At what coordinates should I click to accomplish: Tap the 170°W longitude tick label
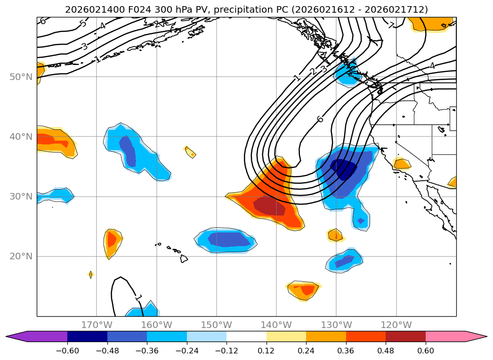[x=97, y=325]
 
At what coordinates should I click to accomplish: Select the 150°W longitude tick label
[x=217, y=325]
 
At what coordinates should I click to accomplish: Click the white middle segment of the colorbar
[x=246, y=336]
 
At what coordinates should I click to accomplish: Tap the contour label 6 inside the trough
[x=320, y=119]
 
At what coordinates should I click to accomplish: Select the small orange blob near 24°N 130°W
[x=335, y=234]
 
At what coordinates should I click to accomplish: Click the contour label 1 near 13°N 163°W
[x=138, y=297]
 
